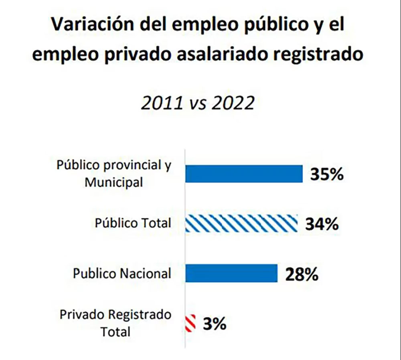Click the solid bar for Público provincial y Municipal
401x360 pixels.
(243, 174)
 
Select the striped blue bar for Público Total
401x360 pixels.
(241, 223)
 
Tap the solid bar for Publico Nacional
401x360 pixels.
(231, 273)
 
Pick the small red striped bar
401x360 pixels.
(190, 323)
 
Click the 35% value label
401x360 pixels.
(326, 174)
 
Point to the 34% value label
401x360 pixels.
(322, 224)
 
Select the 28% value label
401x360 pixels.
(302, 274)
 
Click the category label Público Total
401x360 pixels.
(133, 223)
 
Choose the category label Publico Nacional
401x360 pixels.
(122, 274)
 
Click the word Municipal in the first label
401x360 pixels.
(114, 182)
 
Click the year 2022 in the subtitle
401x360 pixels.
(233, 103)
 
